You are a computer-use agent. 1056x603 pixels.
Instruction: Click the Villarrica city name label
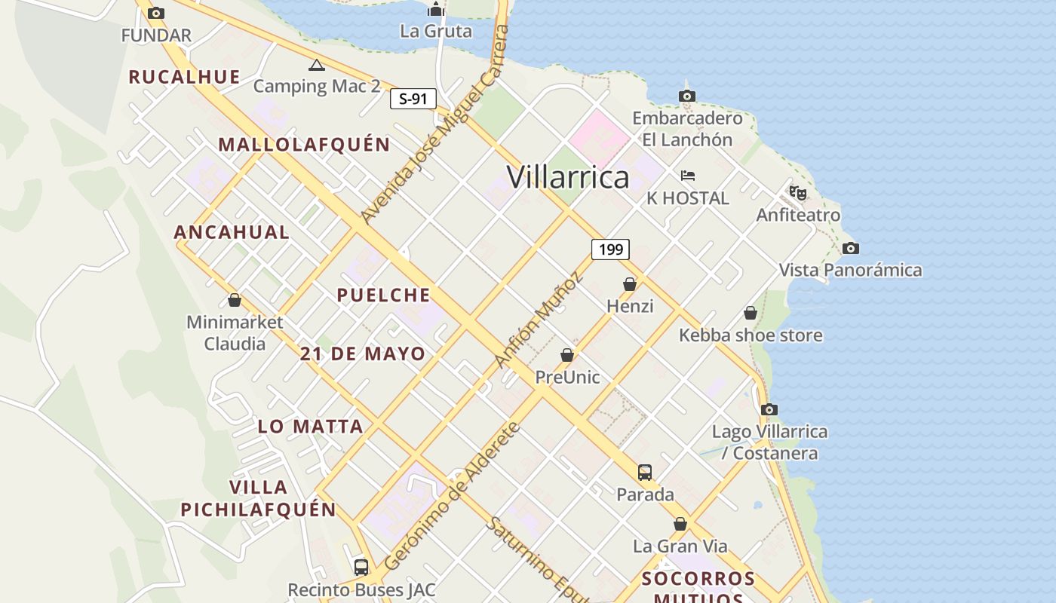click(x=568, y=177)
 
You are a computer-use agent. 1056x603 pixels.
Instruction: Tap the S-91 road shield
click(x=413, y=99)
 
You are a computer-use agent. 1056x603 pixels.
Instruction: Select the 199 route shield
click(x=610, y=249)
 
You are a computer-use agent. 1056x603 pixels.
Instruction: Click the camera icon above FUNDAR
click(x=156, y=13)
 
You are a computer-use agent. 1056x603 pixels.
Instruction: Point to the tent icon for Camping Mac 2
click(x=317, y=66)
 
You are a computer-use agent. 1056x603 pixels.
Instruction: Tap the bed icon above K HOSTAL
click(x=687, y=176)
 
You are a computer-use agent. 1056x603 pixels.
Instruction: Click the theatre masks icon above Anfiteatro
click(x=798, y=193)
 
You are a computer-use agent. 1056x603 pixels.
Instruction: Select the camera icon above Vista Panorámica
click(x=850, y=248)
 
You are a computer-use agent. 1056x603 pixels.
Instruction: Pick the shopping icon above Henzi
click(x=630, y=284)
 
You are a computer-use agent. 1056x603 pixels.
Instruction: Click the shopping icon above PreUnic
click(x=567, y=354)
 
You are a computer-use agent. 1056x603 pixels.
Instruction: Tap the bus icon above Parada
click(x=645, y=473)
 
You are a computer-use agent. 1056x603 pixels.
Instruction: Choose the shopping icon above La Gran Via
click(x=680, y=524)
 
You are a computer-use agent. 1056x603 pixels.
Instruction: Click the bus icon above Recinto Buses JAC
click(x=361, y=567)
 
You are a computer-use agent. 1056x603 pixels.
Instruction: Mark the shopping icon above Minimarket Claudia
click(x=235, y=300)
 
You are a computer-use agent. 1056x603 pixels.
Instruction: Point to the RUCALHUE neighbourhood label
click(x=184, y=77)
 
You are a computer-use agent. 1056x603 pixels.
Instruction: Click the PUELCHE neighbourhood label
click(x=383, y=295)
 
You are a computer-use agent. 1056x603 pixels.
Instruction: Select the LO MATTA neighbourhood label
click(x=311, y=427)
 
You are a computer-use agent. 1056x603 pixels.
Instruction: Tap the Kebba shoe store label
click(x=751, y=335)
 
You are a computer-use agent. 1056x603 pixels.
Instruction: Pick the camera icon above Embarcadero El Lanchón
click(x=686, y=96)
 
